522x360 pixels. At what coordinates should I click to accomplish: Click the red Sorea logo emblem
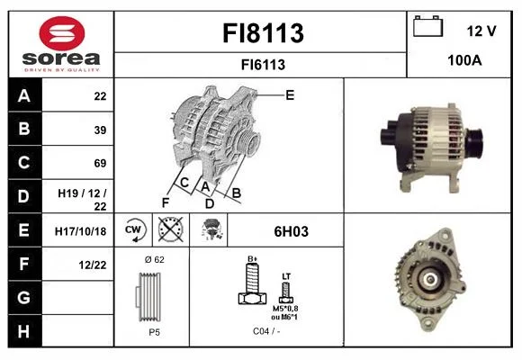point(62,33)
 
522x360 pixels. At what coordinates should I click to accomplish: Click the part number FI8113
point(263,33)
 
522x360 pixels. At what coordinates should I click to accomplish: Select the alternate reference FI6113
point(263,65)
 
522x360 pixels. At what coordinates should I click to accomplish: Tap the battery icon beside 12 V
point(427,26)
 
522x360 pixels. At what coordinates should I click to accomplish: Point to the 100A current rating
point(464,60)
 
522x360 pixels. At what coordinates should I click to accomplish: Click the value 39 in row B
point(100,130)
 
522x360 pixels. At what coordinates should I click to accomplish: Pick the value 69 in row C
point(100,164)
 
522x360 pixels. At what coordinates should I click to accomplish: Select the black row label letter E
point(23,230)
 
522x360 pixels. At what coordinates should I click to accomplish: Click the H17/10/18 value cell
point(81,231)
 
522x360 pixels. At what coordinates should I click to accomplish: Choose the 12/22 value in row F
point(93,265)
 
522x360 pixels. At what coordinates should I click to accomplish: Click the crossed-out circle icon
point(171,229)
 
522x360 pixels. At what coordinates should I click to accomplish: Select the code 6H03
point(292,232)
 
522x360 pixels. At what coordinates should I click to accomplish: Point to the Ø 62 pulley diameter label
point(155,259)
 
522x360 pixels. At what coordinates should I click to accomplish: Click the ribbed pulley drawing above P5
point(148,297)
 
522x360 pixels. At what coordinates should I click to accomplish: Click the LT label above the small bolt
point(286,276)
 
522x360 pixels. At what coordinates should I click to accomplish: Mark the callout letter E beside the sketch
point(290,95)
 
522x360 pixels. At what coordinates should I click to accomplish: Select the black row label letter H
point(23,332)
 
